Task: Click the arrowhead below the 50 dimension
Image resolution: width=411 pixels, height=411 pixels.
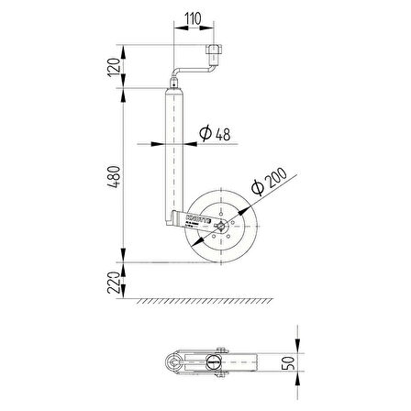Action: pyautogui.click(x=300, y=375)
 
